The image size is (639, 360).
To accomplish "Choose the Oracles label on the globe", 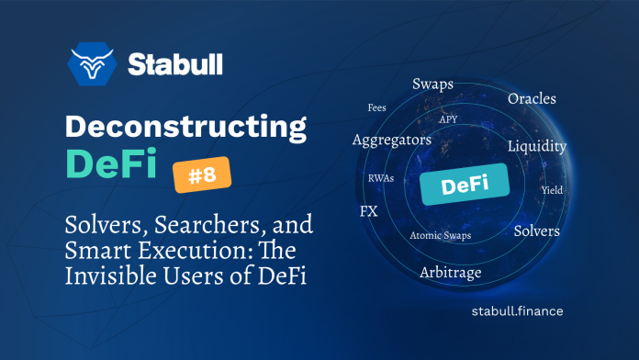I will click(532, 98).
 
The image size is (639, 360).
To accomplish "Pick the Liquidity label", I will click(537, 146).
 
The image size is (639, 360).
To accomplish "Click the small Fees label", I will click(376, 108).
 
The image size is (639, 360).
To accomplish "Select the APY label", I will click(449, 118).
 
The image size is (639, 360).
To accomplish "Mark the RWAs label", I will click(381, 177).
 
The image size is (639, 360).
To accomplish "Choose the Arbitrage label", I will click(450, 273).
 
